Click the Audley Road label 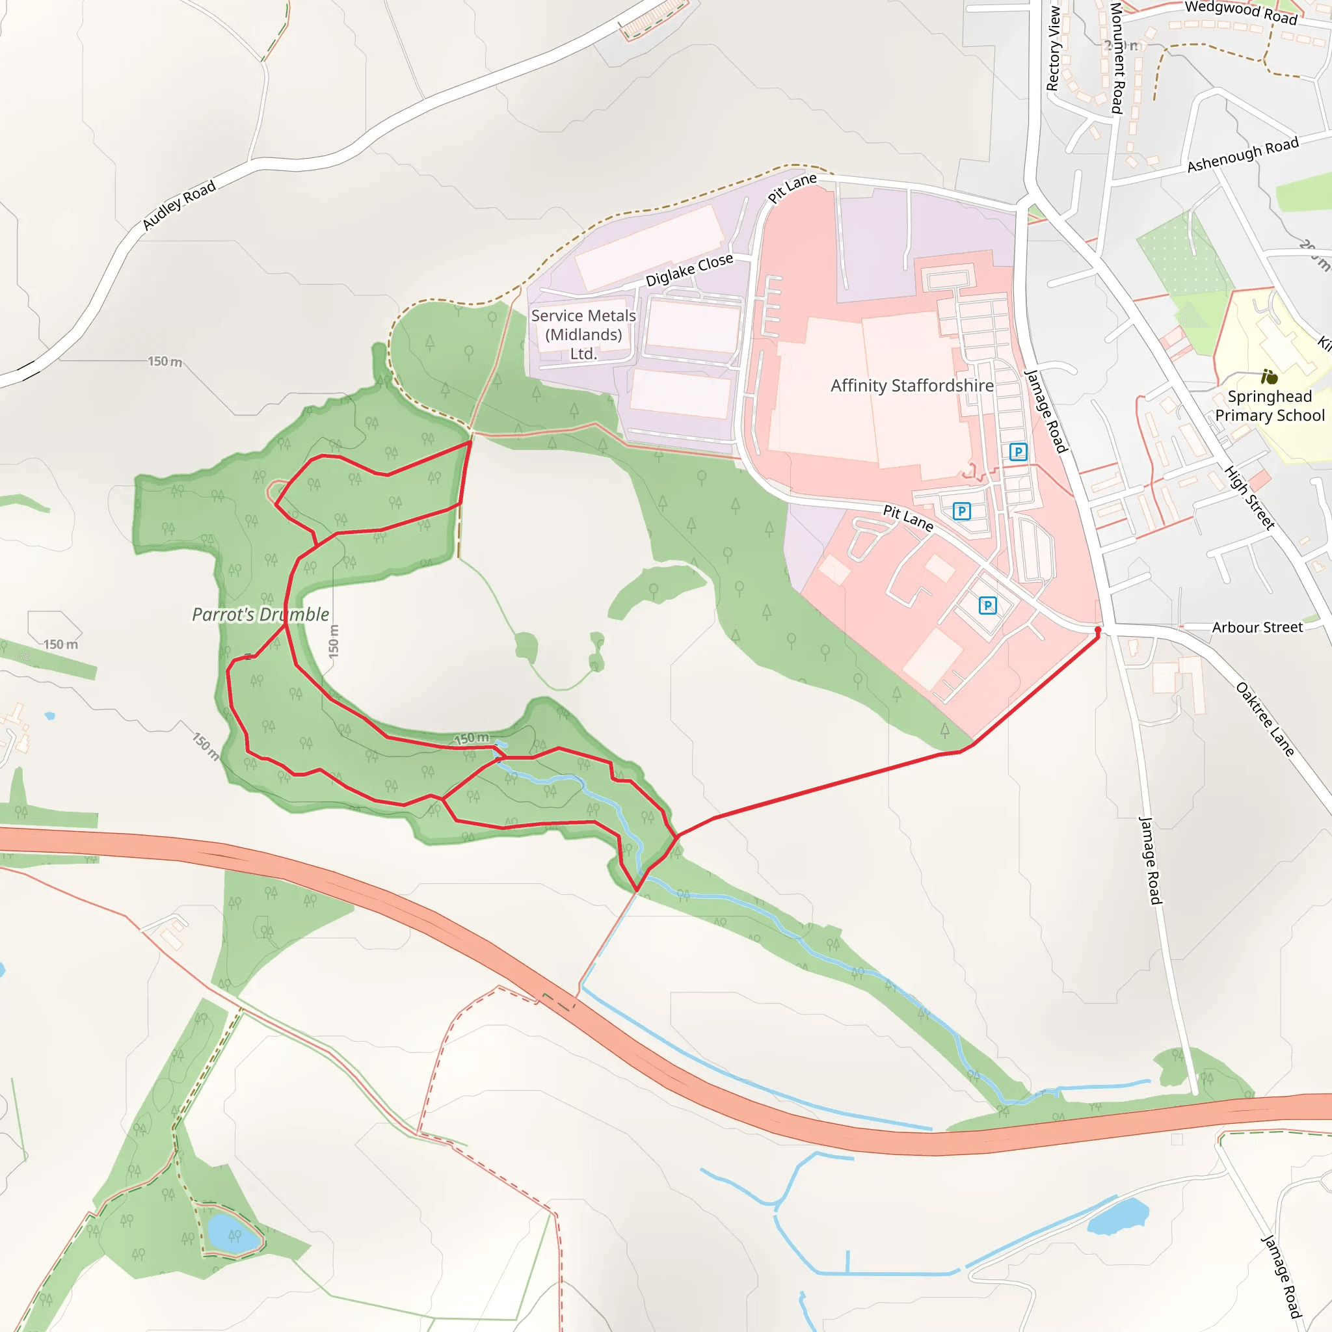[179, 205]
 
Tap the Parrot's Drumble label [260, 614]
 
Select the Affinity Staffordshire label [911, 386]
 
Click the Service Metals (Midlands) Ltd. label [583, 334]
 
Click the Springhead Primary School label [1270, 405]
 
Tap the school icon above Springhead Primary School [1270, 377]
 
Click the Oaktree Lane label [1264, 719]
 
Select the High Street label [1249, 496]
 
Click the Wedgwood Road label [1240, 12]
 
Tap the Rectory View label [1053, 48]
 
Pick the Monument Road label [1117, 58]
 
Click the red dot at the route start [1099, 630]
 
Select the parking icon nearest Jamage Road [1018, 452]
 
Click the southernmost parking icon [987, 606]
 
